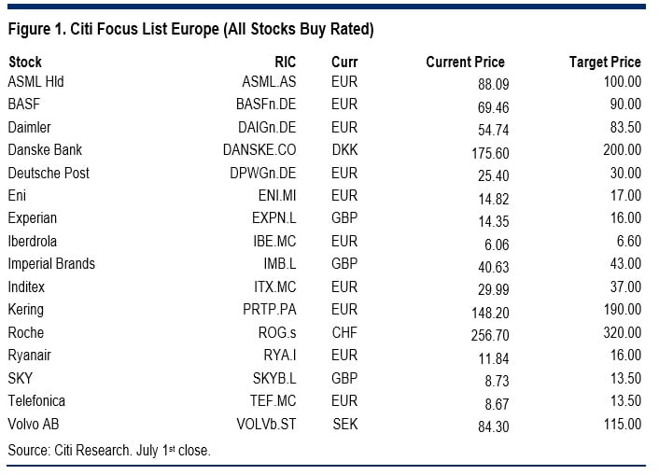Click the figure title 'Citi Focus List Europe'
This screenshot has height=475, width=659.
[190, 29]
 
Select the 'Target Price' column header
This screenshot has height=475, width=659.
[605, 63]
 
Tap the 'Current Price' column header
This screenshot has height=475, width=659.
[465, 63]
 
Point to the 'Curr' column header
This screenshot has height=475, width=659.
[344, 63]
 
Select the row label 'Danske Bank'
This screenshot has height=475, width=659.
[45, 149]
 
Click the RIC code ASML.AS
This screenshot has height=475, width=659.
[269, 81]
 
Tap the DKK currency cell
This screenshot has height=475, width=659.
[344, 149]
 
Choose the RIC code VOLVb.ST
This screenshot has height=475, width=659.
[265, 425]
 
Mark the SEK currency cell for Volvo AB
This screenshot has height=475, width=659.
[344, 425]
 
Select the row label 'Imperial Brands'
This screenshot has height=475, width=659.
[51, 264]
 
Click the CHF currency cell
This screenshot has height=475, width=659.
[344, 333]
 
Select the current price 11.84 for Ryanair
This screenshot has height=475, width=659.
[488, 356]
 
